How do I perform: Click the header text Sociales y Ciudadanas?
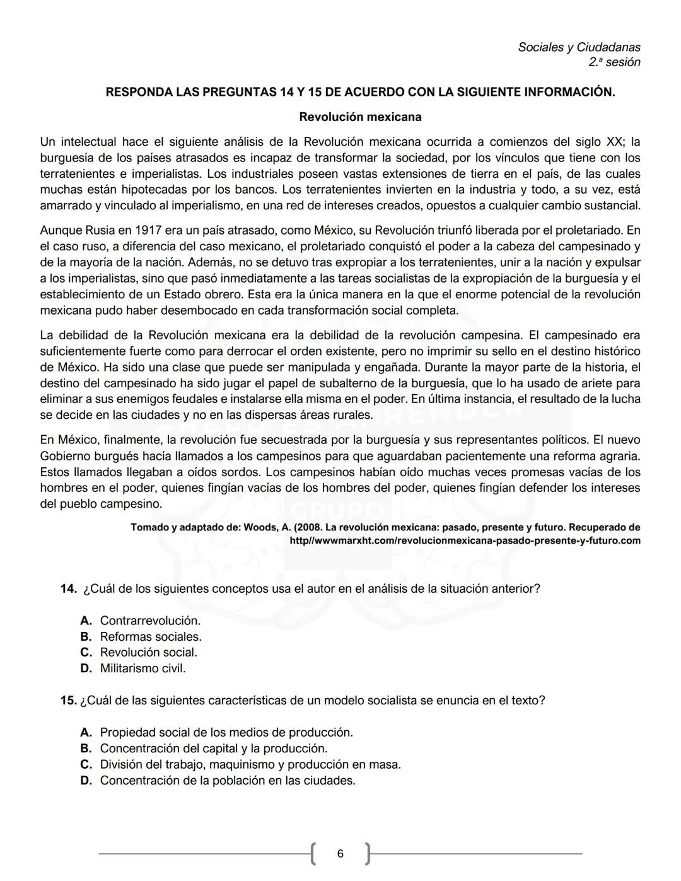579,47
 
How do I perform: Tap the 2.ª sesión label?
614,62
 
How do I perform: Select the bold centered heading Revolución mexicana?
360,117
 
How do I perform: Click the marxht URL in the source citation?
465,541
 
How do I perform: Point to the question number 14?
68,589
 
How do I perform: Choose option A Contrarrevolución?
150,621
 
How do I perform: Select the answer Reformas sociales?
151,637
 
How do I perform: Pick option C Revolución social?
148,653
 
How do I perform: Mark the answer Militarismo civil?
143,668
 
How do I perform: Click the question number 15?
68,701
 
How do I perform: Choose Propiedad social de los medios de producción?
226,733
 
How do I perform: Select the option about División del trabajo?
250,765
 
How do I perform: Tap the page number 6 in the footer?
340,854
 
